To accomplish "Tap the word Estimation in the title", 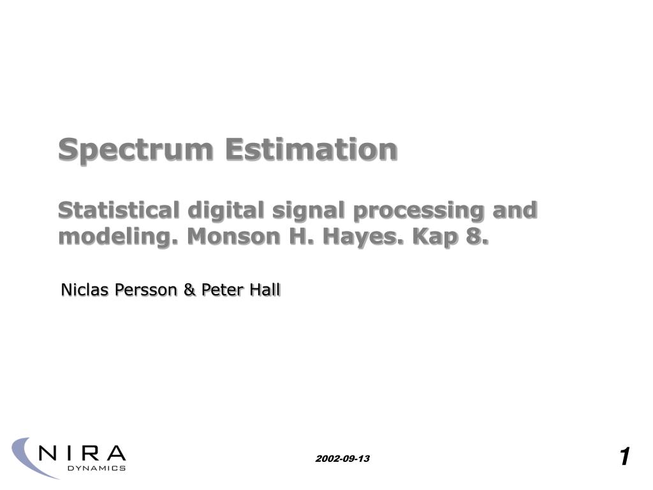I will pyautogui.click(x=311, y=149).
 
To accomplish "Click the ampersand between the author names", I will pyautogui.click(x=189, y=290).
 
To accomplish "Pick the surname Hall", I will pyautogui.click(x=264, y=290).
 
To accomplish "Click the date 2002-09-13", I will pyautogui.click(x=342, y=459).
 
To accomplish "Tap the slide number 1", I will pyautogui.click(x=624, y=457).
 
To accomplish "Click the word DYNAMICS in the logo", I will pyautogui.click(x=96, y=468).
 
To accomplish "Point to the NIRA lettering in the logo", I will pyautogui.click(x=82, y=454).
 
